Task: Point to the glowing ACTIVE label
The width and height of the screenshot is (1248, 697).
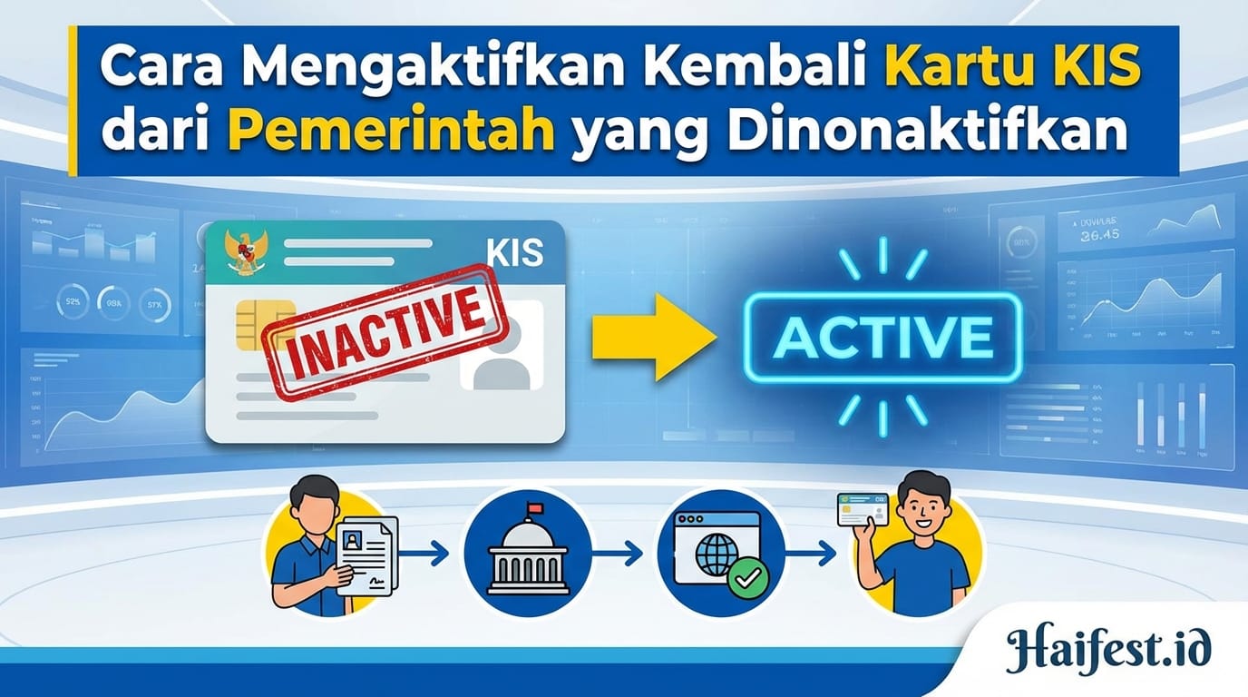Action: [x=882, y=337]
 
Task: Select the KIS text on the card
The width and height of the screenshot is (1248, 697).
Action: [x=514, y=252]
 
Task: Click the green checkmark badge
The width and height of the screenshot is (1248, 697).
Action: [x=748, y=575]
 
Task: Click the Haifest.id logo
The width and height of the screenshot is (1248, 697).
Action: [x=1107, y=651]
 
